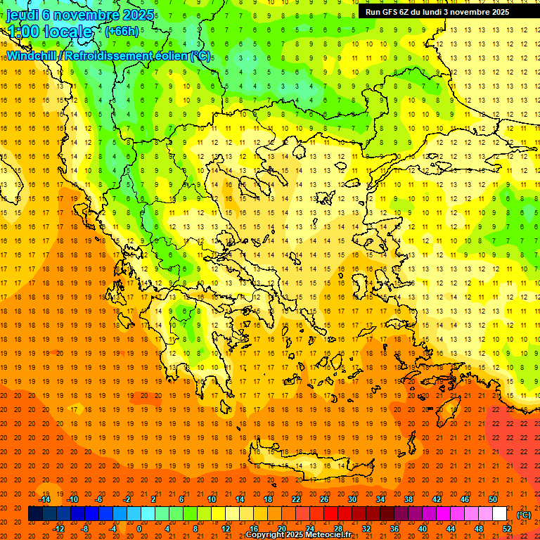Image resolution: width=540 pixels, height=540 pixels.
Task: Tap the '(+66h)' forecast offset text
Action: (x=122, y=31)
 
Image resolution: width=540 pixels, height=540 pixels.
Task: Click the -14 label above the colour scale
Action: (x=44, y=499)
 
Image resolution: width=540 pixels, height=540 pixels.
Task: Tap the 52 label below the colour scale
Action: (x=508, y=529)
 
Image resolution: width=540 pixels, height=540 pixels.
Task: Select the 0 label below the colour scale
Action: (x=139, y=529)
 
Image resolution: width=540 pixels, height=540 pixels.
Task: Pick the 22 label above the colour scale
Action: (x=296, y=499)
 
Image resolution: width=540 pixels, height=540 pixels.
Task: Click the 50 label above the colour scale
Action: (x=493, y=499)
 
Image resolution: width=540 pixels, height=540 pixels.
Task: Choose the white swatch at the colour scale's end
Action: (x=499, y=514)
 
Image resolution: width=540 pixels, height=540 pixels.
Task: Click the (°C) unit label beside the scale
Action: (x=524, y=515)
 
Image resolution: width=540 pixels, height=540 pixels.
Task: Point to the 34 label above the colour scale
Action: (x=380, y=499)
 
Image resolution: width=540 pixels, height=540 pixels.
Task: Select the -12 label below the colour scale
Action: (x=58, y=529)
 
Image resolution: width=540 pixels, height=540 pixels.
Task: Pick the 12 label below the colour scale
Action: (x=226, y=529)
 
